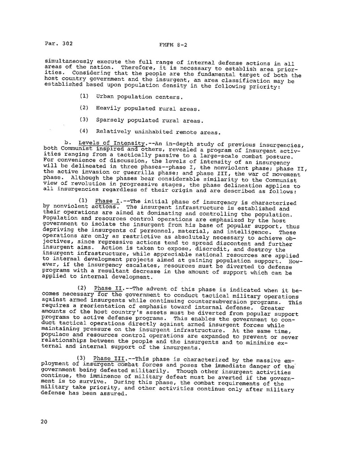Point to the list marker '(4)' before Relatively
click(x=83, y=132)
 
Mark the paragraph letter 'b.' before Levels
click(x=68, y=143)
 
